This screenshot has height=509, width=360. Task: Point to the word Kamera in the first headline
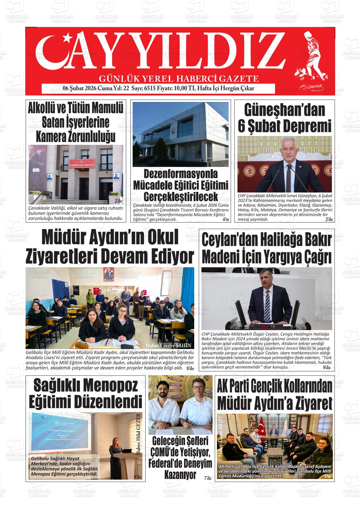pos(51,136)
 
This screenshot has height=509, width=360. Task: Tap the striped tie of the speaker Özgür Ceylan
pos(267,301)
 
